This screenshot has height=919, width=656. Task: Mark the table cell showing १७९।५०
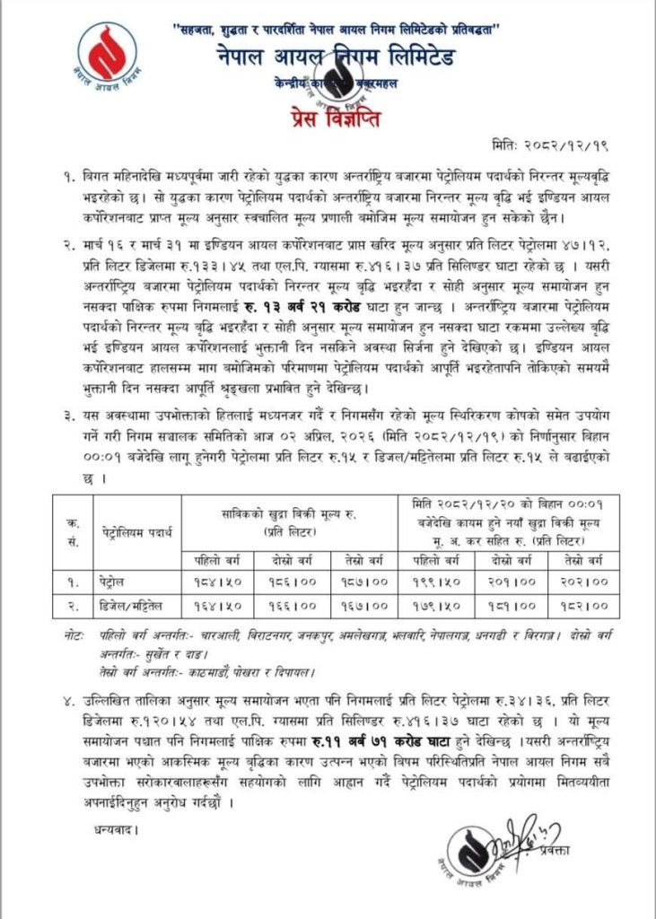(x=434, y=607)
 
